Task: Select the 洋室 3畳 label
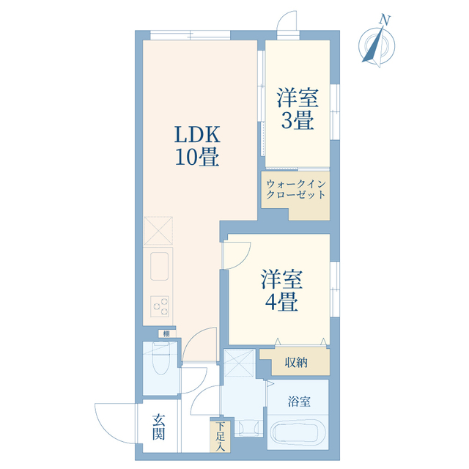click(x=297, y=109)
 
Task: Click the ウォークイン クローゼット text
click(x=296, y=189)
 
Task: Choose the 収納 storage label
click(x=296, y=361)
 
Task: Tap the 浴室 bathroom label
click(x=298, y=402)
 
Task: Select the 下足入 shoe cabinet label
click(x=221, y=435)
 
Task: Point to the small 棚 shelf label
click(x=166, y=334)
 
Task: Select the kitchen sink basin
click(x=160, y=266)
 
